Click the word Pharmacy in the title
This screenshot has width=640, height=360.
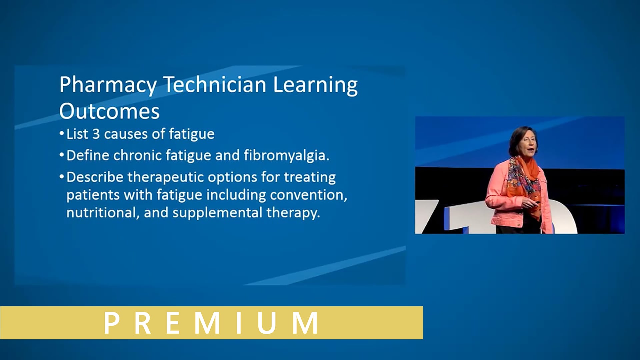point(108,85)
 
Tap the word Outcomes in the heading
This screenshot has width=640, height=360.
point(109,111)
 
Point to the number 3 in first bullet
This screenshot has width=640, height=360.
point(96,134)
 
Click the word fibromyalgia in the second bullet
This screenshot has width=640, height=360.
point(286,156)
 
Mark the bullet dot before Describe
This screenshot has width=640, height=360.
point(62,177)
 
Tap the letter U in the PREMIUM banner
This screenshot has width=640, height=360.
point(267,323)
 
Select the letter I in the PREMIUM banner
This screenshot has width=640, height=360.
point(239,323)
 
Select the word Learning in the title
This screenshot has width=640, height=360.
point(315,85)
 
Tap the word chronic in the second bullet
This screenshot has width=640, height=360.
point(137,156)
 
